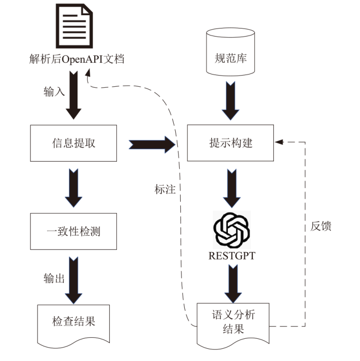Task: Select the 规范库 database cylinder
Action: [x=231, y=54]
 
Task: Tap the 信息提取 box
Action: [x=74, y=144]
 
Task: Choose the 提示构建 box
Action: [x=231, y=144]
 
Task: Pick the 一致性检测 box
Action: [x=74, y=231]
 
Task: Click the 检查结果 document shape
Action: [x=74, y=321]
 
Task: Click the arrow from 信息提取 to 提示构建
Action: [x=152, y=144]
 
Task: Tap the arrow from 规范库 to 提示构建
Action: [x=231, y=104]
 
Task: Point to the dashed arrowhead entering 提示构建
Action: [x=278, y=141]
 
